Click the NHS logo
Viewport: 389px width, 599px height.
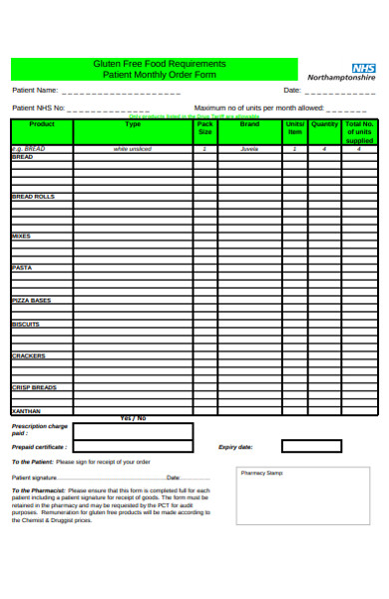click(362, 65)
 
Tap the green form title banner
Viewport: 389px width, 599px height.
click(154, 68)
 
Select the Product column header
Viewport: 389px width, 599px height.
click(42, 125)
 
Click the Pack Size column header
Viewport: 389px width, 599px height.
click(205, 129)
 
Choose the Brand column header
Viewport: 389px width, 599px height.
click(249, 125)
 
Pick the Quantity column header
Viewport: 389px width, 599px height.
click(324, 125)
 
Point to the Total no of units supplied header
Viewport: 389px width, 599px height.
click(359, 133)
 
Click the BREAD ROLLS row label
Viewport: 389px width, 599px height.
click(33, 197)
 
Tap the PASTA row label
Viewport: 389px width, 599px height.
click(22, 268)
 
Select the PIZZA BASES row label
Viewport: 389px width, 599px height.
click(31, 300)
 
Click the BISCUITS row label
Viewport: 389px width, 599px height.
click(26, 324)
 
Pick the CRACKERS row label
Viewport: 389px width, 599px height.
click(28, 356)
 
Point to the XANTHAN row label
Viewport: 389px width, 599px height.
click(26, 411)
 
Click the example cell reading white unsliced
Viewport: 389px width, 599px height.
click(133, 149)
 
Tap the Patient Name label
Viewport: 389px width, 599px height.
click(36, 90)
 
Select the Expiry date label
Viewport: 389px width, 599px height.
click(235, 447)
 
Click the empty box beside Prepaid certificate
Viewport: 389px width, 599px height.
click(133, 447)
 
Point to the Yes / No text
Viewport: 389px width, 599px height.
click(133, 418)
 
